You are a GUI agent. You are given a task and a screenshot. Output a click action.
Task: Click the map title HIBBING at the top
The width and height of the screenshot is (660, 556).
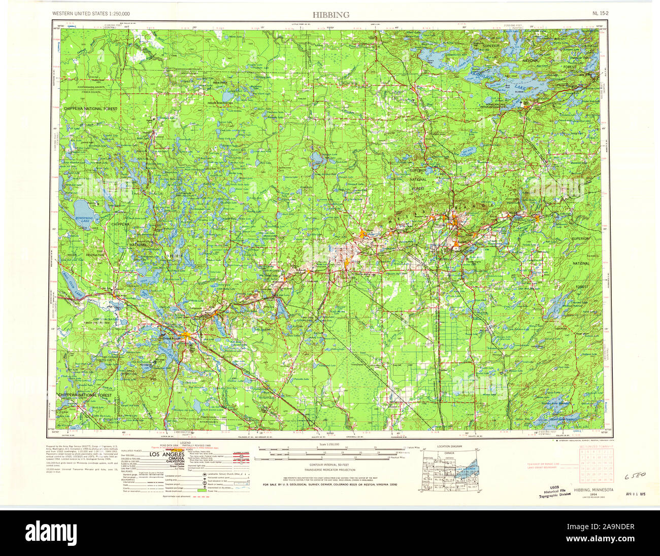(331, 15)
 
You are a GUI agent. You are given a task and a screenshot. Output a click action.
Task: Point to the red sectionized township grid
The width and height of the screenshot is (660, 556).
(597, 466)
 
